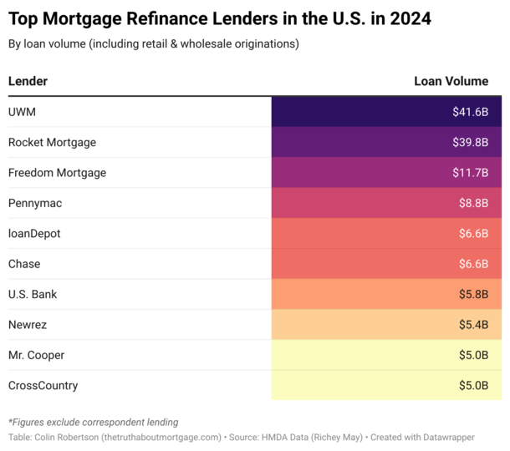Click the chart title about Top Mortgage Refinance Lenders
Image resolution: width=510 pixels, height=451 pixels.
[220, 18]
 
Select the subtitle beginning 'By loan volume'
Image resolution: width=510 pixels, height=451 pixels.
[153, 43]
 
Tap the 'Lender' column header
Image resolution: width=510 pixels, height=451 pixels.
[28, 81]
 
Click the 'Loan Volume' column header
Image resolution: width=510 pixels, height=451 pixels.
[451, 81]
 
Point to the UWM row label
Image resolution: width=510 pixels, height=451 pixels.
[22, 112]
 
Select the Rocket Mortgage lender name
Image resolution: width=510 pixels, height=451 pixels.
[52, 142]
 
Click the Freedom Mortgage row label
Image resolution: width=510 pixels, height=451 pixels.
[57, 173]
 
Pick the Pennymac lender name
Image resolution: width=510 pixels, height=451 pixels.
[35, 203]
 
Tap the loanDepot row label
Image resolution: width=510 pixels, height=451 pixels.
[34, 234]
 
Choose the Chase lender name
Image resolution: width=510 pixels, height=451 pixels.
[24, 264]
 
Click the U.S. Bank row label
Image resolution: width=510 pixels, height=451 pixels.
[33, 294]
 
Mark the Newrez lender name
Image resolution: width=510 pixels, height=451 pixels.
[28, 325]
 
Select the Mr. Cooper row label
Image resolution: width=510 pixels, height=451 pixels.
[36, 355]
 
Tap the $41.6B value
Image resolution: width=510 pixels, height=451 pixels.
[470, 112]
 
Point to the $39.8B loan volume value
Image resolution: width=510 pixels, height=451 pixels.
[470, 142]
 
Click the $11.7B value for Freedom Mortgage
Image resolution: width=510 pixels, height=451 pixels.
[471, 173]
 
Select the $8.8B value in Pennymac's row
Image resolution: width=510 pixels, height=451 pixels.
[473, 203]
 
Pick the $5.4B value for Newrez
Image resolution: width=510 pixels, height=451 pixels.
[473, 325]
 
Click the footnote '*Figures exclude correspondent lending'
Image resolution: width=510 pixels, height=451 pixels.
[93, 422]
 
